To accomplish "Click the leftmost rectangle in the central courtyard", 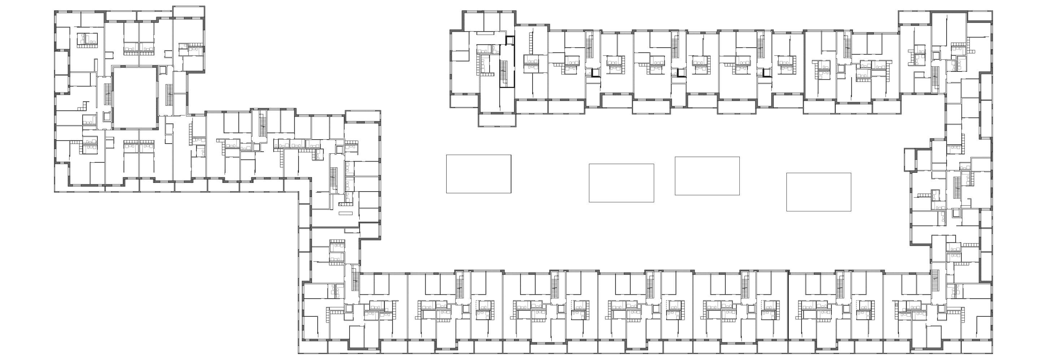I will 478,174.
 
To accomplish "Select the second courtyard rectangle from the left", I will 621,183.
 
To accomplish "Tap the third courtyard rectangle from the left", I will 707,176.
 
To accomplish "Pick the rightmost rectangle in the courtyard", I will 818,192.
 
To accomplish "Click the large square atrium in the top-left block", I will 135,98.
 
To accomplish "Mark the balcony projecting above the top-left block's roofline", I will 188,12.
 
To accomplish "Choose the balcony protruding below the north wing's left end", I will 496,121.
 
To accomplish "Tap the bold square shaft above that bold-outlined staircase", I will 510,41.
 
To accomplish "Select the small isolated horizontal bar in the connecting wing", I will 346,213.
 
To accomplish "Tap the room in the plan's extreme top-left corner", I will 67,19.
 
